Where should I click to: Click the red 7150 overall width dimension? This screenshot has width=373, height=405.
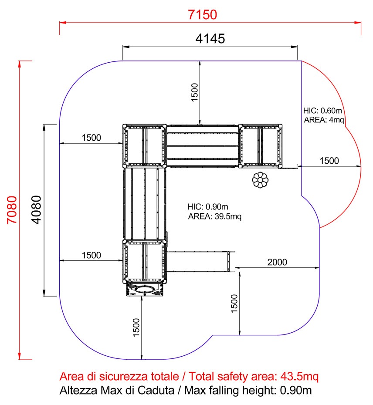point(202,15)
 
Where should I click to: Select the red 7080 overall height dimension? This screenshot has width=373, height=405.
point(12,210)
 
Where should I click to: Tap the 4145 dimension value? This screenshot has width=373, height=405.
point(210,39)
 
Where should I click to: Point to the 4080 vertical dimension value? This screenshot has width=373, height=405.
point(36,210)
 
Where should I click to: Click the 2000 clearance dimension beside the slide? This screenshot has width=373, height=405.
point(277,262)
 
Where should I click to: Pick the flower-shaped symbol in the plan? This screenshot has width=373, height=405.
point(260,180)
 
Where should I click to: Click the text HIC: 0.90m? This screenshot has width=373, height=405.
point(207,206)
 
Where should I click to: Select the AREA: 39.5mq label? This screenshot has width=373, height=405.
point(214,216)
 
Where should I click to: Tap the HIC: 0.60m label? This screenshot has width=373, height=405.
point(322,111)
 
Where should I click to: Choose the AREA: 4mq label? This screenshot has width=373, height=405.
point(324,120)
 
